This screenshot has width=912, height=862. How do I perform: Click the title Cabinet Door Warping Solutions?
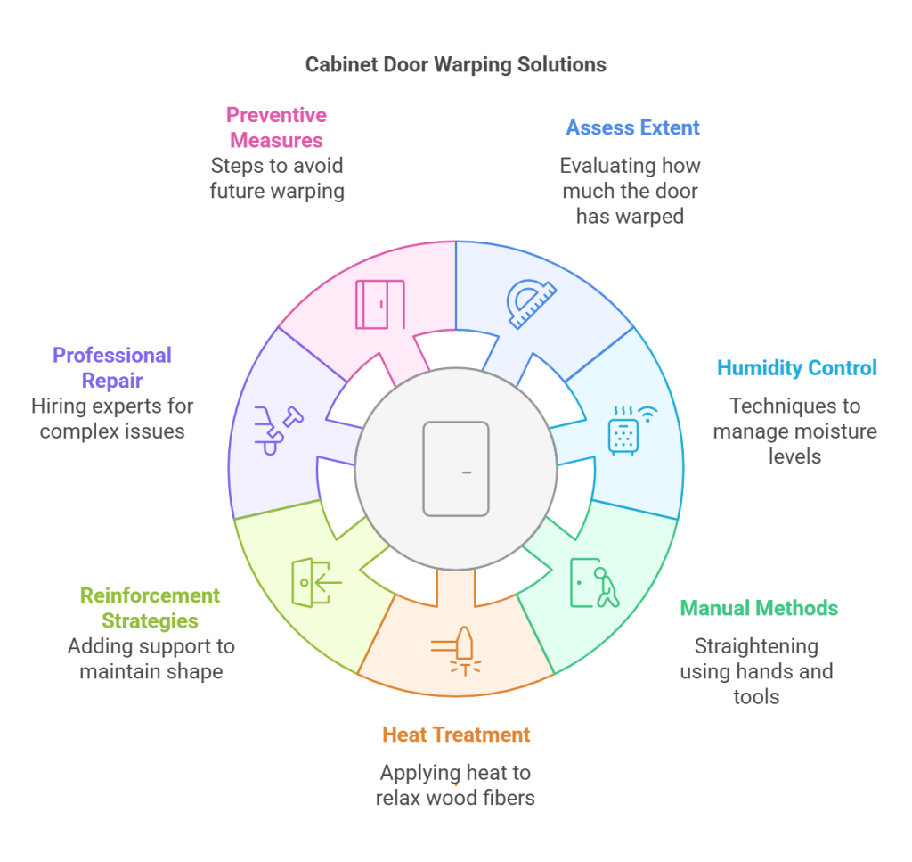point(455,64)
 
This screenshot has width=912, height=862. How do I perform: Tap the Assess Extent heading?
point(632,127)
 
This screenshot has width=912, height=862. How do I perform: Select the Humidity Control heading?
point(796,367)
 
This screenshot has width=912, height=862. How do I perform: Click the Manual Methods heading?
point(759,608)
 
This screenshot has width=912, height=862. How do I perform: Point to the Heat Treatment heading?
point(455,735)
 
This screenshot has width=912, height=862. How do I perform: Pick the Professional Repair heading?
point(112,367)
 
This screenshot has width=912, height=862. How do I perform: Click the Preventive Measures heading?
point(276,127)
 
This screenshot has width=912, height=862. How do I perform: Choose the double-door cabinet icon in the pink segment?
point(380,304)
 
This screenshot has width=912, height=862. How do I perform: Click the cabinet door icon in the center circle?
point(456,469)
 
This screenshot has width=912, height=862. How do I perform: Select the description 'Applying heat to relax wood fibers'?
point(455,784)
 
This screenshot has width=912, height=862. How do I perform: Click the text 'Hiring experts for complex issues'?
point(112,419)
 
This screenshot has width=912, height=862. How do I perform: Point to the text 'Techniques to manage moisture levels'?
point(794,431)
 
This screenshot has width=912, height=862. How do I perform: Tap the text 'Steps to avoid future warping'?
point(276,178)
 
